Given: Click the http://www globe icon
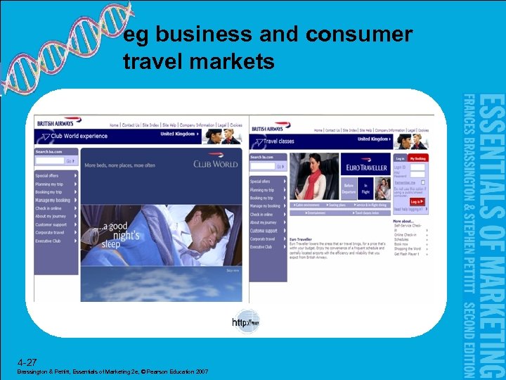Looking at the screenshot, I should [x=246, y=322].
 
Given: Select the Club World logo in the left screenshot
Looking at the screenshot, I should [x=216, y=164].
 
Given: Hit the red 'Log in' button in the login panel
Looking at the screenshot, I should [x=417, y=201].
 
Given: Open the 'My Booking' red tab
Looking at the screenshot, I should [x=419, y=159].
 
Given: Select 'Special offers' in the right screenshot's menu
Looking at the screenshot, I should [x=262, y=181].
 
